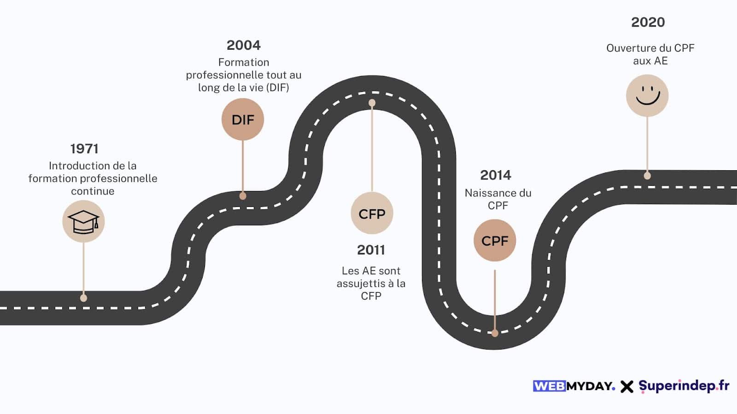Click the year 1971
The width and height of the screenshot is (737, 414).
click(84, 149)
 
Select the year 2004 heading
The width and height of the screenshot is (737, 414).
click(243, 45)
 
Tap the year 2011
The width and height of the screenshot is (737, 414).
click(371, 250)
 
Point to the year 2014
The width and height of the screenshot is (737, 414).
click(496, 175)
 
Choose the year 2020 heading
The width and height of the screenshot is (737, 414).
click(648, 22)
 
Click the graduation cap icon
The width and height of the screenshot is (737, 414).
click(83, 222)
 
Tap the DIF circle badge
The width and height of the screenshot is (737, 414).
click(243, 120)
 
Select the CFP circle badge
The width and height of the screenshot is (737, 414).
click(372, 213)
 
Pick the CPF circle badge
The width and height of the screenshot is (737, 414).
click(495, 241)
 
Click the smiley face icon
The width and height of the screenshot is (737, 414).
click(647, 96)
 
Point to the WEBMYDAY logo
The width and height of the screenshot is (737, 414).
click(574, 386)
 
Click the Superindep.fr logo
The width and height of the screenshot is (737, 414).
click(684, 385)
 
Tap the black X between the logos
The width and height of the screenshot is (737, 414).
click(627, 386)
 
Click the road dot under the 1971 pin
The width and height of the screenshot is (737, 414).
click(83, 298)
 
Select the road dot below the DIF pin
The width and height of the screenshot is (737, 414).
click(243, 196)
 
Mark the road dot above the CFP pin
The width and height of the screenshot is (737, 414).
click(372, 103)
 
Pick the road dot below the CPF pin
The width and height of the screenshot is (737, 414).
click(495, 333)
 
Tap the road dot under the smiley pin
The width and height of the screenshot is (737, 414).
click(647, 175)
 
